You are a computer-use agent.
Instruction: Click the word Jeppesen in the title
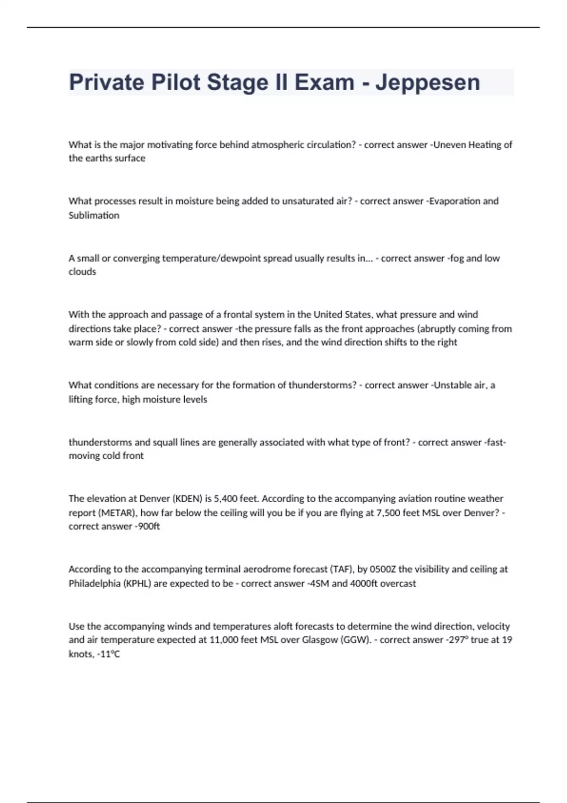pos(428,83)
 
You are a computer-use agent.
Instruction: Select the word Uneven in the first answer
pos(449,145)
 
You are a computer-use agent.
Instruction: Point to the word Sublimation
pos(94,215)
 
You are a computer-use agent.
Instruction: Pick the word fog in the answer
pos(457,258)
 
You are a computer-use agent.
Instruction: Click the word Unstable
pos(453,385)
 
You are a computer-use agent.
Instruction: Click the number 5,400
pos(225,498)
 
